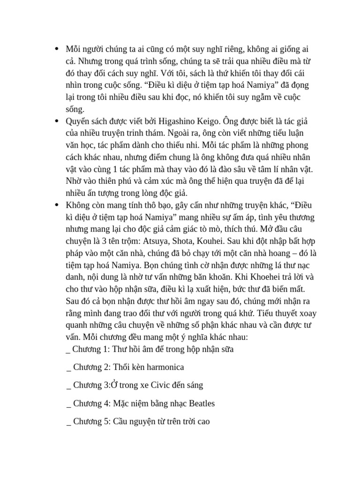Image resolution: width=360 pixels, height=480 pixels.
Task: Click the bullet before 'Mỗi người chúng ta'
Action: (57, 49)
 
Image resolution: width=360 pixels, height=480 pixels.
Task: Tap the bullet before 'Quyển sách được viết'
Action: (57, 121)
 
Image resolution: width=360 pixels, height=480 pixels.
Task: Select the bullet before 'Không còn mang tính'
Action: (57, 205)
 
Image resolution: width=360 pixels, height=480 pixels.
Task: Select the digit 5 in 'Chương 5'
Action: (107, 421)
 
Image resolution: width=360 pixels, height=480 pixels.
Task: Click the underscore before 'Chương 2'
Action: (69, 368)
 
